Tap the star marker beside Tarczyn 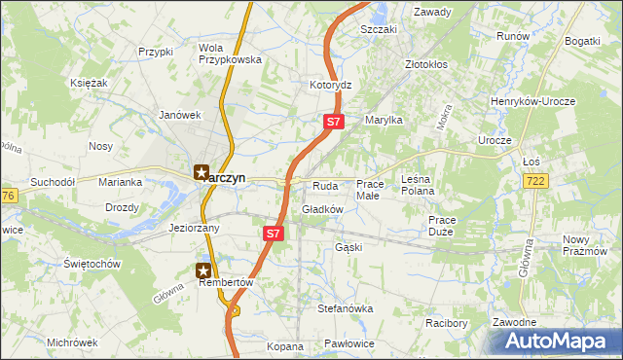pos(202,173)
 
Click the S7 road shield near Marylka pos(333,122)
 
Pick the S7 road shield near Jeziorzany pos(274,234)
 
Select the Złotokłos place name pos(426,64)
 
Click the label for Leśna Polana pos(419,185)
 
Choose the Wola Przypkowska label pos(231,53)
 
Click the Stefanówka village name pos(346,308)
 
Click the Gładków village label pos(323,209)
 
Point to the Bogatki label pos(582,41)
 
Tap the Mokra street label pos(445,117)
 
